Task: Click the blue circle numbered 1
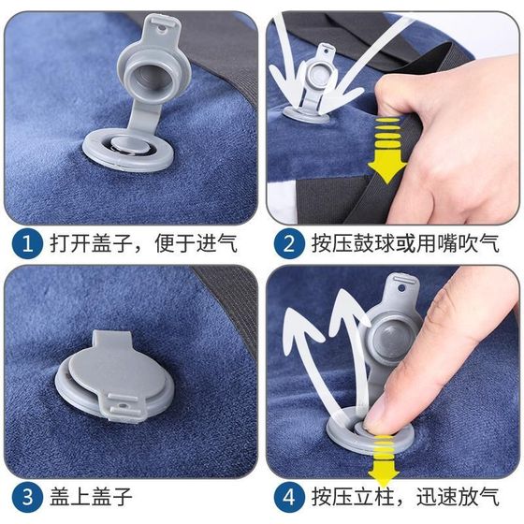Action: [27, 243]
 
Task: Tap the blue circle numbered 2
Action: [289, 243]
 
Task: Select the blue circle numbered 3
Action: [27, 497]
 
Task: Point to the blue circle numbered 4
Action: [289, 497]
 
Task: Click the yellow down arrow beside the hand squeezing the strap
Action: [387, 151]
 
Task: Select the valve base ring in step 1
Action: [128, 151]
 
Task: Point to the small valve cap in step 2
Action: [316, 80]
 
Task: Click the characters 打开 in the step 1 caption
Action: [70, 243]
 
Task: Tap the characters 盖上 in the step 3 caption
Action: [70, 497]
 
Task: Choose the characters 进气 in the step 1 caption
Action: [216, 243]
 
